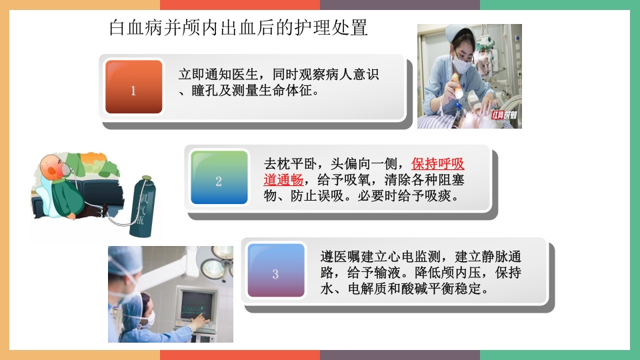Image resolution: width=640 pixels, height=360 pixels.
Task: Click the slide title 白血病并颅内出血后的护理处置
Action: pos(238,28)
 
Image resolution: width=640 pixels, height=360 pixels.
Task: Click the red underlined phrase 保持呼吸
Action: pos(438,164)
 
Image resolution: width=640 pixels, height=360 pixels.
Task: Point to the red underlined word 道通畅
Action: pos(284,181)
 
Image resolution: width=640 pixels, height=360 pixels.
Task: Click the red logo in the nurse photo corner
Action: pos(504,115)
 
